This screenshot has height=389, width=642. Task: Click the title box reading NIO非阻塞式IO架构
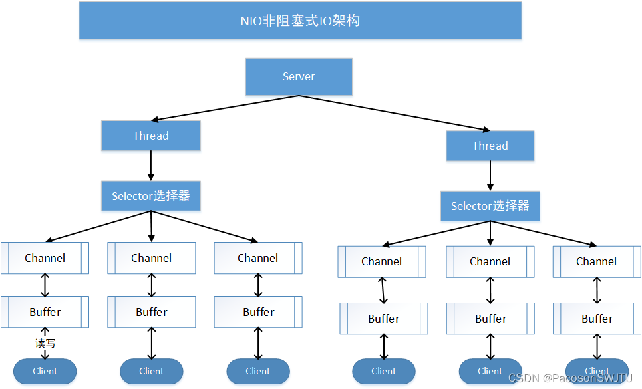[300, 21]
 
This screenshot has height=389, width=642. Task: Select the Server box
[299, 76]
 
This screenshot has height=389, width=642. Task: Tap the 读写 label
[45, 344]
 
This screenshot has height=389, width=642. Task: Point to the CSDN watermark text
[570, 378]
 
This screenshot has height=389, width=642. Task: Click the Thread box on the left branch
[151, 136]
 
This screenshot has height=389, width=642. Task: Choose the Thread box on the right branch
[490, 146]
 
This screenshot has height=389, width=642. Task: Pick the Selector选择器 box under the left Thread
[151, 196]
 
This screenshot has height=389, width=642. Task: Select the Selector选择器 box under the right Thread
[490, 206]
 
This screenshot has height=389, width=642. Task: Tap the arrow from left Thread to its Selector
[151, 166]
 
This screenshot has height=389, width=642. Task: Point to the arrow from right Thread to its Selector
[490, 176]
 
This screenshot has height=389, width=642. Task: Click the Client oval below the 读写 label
[45, 371]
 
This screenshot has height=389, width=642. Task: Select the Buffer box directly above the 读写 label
[45, 312]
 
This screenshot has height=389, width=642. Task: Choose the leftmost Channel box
[45, 258]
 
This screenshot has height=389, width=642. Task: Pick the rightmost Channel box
[596, 262]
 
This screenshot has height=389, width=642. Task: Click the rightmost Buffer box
[597, 319]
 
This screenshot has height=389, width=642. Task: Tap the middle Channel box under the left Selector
[152, 258]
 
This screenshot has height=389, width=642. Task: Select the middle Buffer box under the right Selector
[490, 319]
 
